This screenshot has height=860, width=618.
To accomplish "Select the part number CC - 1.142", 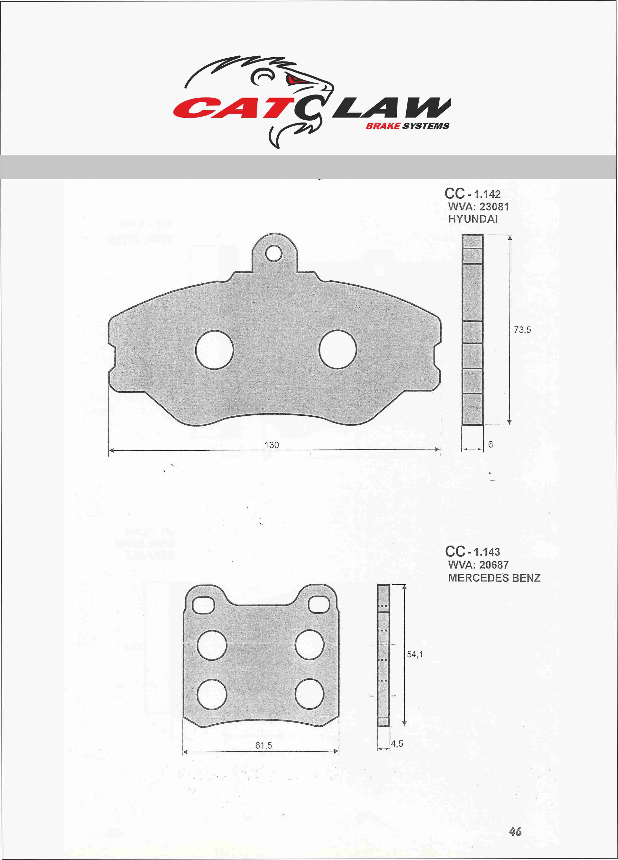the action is (473, 194).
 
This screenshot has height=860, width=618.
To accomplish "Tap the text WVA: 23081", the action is (478, 207).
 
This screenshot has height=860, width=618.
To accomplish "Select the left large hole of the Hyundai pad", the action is (215, 350).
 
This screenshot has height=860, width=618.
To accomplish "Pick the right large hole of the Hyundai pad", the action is (338, 349).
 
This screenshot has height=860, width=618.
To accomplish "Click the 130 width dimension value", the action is (272, 445).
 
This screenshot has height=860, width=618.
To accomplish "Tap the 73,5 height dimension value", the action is (522, 330).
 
